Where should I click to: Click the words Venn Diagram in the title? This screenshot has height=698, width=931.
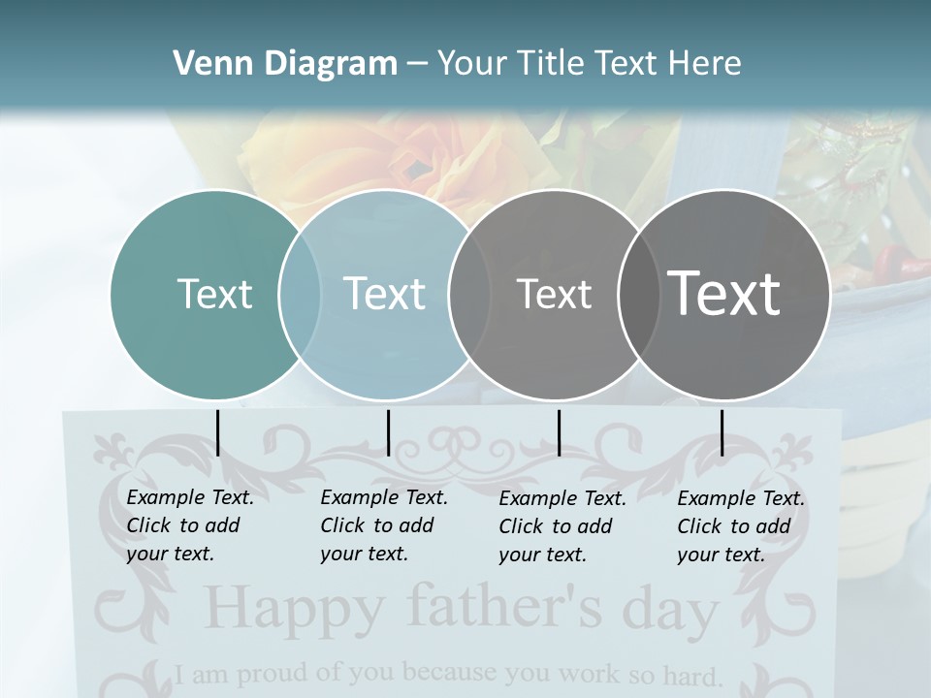click(285, 64)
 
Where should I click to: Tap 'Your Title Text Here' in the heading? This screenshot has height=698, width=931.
click(589, 64)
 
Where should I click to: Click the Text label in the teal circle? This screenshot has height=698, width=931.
click(215, 294)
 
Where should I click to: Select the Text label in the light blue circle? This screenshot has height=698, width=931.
click(385, 294)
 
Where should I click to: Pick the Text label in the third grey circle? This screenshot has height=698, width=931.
click(554, 294)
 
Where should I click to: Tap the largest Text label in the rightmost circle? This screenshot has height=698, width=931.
click(724, 294)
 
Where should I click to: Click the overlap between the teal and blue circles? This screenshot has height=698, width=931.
click(300, 294)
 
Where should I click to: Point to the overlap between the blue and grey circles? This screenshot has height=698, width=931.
click(468, 294)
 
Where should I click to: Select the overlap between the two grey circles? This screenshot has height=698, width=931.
click(635, 294)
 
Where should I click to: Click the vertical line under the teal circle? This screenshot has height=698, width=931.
click(217, 432)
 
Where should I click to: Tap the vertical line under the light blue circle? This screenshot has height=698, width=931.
click(388, 432)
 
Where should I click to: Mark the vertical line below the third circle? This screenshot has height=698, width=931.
click(559, 432)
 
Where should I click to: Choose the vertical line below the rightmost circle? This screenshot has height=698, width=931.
click(722, 432)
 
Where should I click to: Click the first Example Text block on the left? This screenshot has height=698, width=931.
click(190, 525)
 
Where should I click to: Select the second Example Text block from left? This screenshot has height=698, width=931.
click(384, 525)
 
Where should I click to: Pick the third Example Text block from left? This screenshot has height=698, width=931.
click(562, 526)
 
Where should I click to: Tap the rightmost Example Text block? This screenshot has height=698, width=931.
click(741, 526)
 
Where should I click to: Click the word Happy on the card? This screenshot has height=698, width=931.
click(295, 609)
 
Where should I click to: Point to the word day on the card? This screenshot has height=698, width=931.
click(670, 611)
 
